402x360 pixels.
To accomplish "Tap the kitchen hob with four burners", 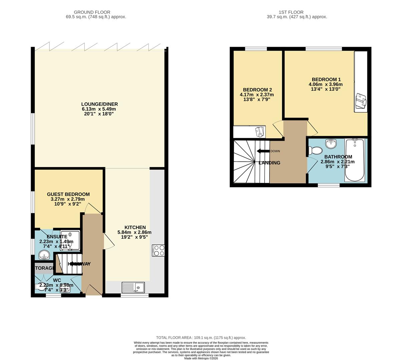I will click(158, 250).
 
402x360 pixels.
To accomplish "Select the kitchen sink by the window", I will click(133, 287).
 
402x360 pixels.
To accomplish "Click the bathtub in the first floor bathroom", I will click(354, 160).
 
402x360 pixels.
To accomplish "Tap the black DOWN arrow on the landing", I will click(263, 151).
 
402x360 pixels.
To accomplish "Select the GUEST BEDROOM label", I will click(68, 194).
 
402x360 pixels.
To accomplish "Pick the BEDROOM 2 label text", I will click(257, 90).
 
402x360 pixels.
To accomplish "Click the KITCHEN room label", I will click(135, 227).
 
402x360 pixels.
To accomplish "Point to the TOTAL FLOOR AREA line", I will click(201, 338).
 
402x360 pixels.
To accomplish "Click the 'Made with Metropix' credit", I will click(201, 358).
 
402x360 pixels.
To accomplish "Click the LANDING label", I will click(269, 163).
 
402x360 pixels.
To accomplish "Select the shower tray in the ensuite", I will click(70, 239).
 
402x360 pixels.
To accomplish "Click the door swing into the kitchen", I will click(109, 241).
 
